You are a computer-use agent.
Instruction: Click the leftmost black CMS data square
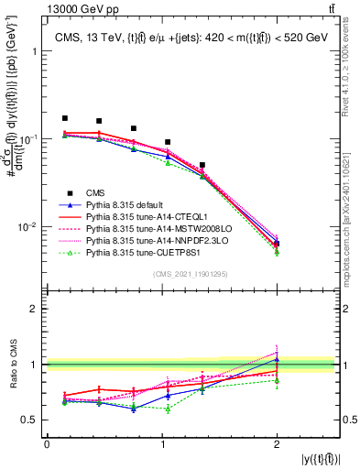point(65,118)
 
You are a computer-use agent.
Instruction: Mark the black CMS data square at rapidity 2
point(277,244)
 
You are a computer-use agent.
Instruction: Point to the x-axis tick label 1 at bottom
point(162,445)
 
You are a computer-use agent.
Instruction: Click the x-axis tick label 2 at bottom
point(277,445)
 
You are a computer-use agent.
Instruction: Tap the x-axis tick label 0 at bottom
point(47,445)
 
